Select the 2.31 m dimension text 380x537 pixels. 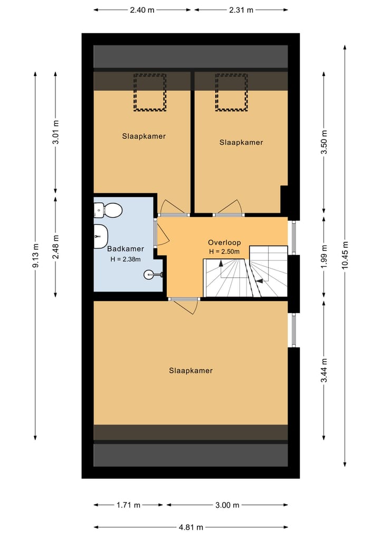(241, 10)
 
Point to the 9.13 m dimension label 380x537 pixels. (35, 255)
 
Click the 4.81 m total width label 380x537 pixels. (191, 527)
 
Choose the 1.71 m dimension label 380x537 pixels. (129, 505)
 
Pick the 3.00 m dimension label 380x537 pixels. (227, 505)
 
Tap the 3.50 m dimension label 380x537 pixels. (324, 142)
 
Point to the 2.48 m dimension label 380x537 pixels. (56, 246)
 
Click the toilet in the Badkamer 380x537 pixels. (109, 211)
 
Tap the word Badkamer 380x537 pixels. (125, 249)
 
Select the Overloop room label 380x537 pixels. (224, 243)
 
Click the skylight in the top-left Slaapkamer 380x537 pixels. (149, 92)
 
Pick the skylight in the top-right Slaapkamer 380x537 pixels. (231, 92)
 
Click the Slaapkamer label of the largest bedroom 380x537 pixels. (191, 371)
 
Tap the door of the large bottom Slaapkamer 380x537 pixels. (185, 305)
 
